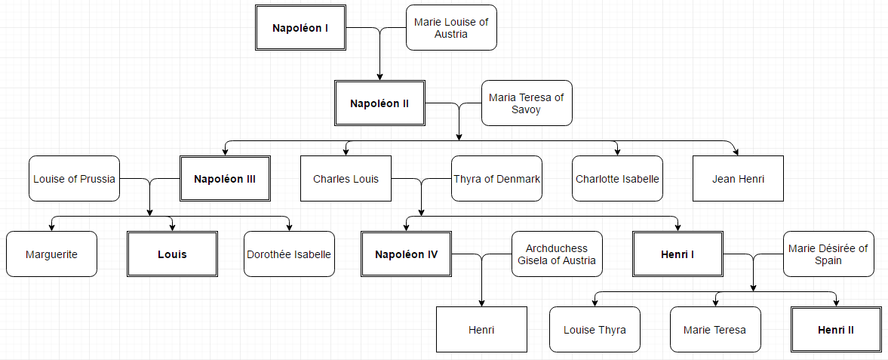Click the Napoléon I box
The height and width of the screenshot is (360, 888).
[300, 28]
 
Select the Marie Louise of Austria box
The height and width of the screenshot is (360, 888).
[451, 28]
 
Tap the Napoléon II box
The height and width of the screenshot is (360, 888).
[379, 103]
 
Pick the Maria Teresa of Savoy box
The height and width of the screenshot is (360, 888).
[527, 103]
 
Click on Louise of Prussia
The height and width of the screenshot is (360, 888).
[74, 179]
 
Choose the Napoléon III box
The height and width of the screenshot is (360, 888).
[225, 179]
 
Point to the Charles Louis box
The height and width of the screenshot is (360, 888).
[346, 179]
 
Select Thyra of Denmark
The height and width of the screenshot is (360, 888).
[496, 179]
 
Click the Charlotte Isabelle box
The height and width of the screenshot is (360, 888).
[617, 179]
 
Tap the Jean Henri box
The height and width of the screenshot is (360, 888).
[738, 179]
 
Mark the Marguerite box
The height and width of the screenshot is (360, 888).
[51, 254]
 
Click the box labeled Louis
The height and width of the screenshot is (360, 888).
[172, 254]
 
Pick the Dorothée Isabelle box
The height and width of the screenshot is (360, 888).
[289, 254]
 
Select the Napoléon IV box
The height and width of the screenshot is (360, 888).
[406, 254]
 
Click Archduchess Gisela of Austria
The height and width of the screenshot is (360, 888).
[557, 254]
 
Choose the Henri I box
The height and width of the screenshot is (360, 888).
[678, 254]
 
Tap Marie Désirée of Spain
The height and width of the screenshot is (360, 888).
[828, 254]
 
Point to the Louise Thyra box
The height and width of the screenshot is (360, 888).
[595, 330]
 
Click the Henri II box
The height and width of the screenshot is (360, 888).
[836, 330]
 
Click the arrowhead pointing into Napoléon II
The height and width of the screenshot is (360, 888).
[379, 76]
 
